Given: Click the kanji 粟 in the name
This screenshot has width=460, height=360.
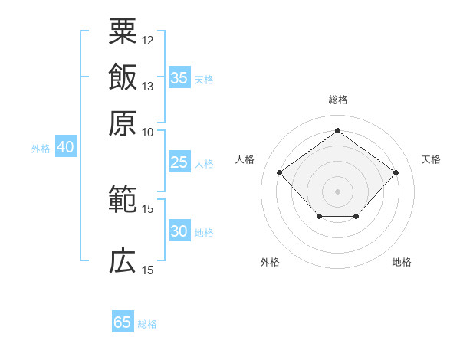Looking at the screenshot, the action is tap(123, 31).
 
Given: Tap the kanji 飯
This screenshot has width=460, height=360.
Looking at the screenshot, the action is tap(123, 77).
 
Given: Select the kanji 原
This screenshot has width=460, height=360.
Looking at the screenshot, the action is tap(123, 123).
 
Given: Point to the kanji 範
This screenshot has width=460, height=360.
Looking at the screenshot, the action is tap(123, 198).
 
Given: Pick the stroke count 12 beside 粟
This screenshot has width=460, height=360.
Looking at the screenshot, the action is tap(147, 41).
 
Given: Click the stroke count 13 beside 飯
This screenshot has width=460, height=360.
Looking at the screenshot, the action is tap(147, 87).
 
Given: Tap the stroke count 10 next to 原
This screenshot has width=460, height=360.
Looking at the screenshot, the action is tap(147, 133).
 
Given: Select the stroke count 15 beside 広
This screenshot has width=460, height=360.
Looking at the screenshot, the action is tap(147, 270).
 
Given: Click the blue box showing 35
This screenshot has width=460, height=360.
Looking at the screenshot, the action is tap(179, 77).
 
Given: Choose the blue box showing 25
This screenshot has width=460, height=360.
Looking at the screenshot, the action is tap(179, 162).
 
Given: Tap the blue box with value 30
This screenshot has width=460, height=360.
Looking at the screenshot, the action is tap(179, 230).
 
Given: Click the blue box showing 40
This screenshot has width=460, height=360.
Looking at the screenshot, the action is tap(66, 146).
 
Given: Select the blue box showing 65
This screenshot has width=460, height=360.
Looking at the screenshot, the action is tap(123, 321).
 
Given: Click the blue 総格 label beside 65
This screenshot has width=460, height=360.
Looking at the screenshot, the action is tap(147, 324).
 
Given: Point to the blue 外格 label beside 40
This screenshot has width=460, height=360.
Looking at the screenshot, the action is tap(41, 149).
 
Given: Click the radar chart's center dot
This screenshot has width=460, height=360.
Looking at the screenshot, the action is tap(337, 191).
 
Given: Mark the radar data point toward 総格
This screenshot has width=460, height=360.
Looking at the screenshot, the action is tap(337, 130).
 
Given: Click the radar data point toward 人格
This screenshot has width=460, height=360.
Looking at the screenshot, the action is tap(280, 172).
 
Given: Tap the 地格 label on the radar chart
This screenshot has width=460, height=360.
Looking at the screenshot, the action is tap(402, 262).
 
